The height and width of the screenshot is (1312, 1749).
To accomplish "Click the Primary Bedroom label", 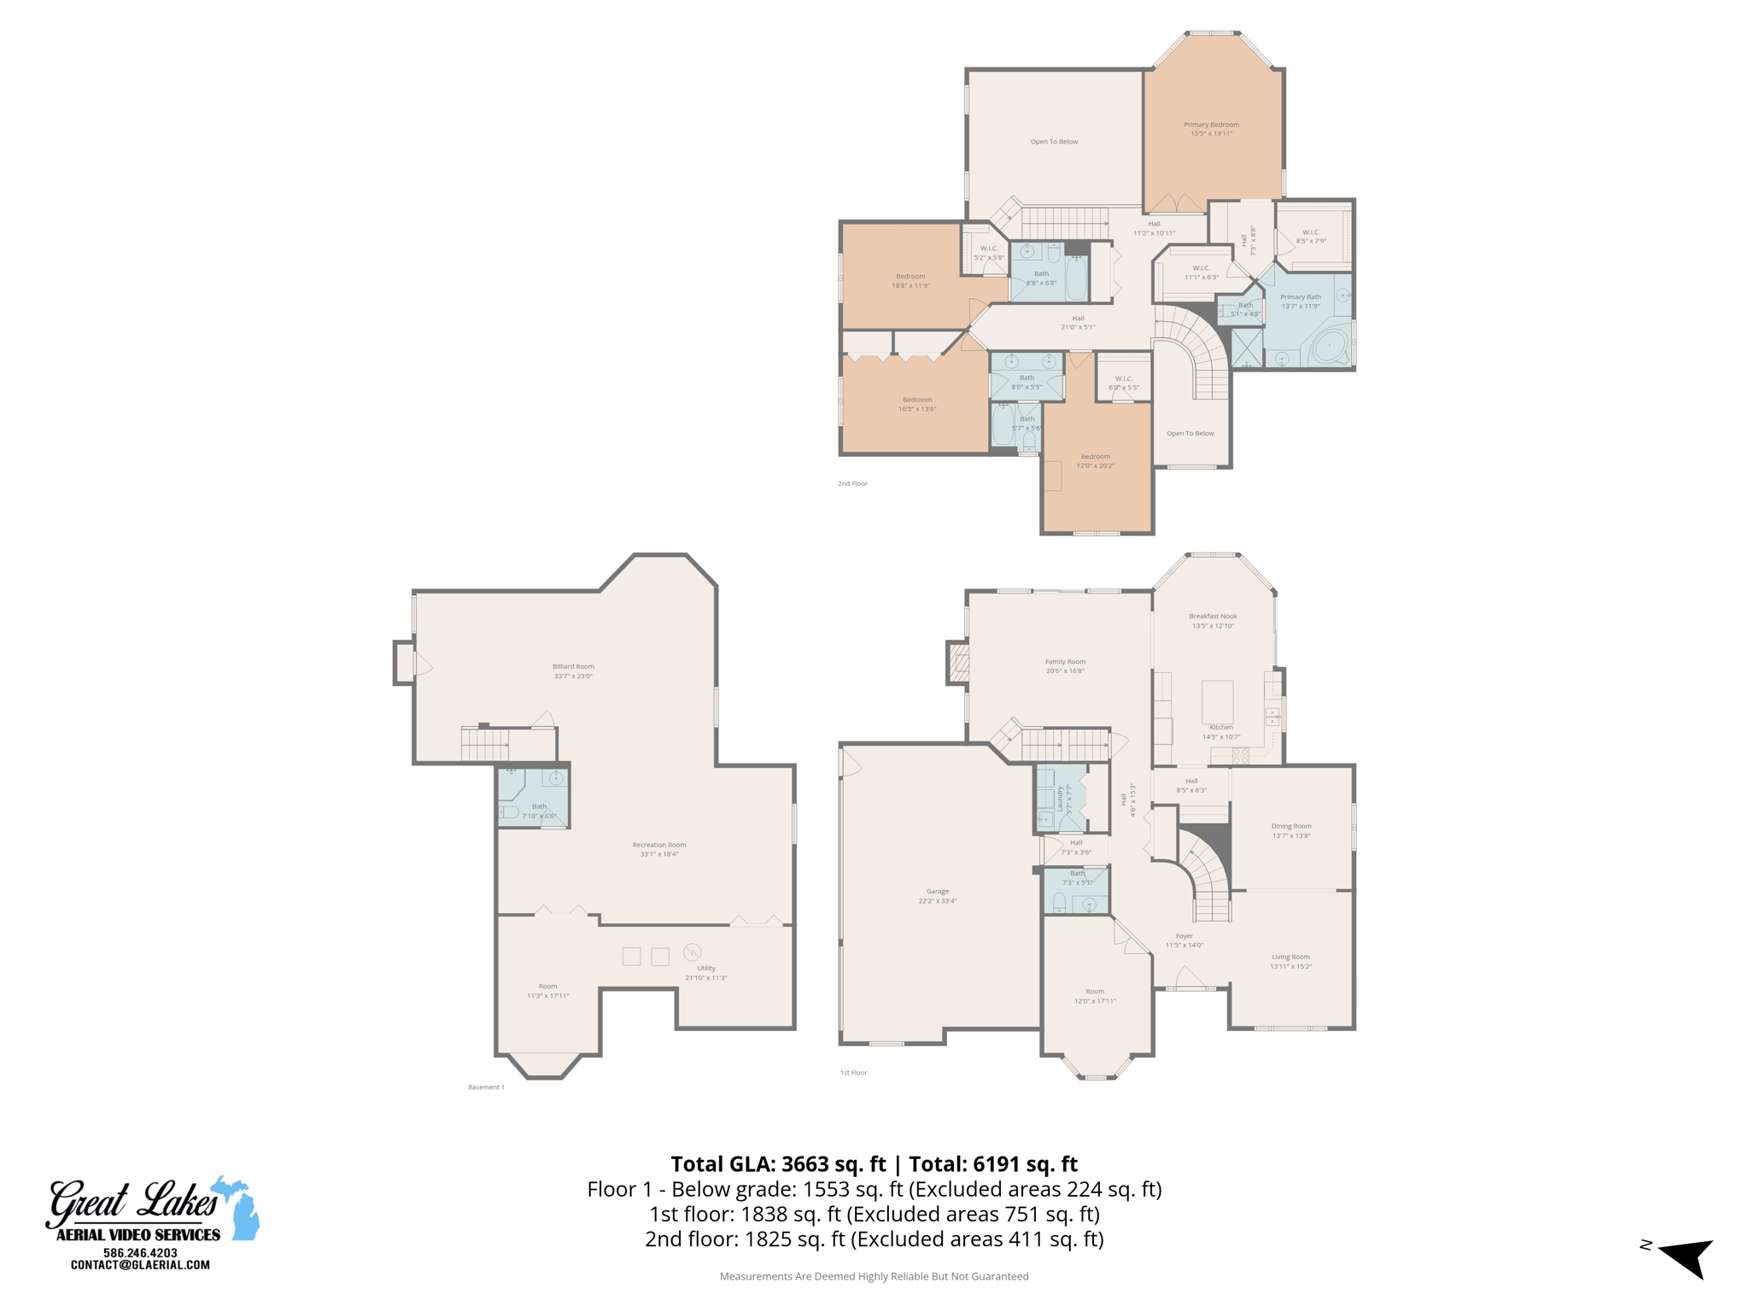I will coord(1211,129).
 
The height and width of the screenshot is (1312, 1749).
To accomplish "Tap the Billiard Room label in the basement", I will coord(573,671).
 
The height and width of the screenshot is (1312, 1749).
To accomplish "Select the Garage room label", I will coord(937,895).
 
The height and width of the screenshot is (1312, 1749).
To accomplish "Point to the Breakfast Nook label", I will coord(1213,620).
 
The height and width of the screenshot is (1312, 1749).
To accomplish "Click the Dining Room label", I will coord(1290,830).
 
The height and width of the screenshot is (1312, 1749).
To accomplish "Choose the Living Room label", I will coord(1290,961).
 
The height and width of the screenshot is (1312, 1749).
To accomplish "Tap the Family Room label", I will coord(1065,665).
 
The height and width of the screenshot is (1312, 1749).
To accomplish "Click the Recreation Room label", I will coord(658,849).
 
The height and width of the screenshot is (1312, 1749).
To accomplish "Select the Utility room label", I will coord(705,972).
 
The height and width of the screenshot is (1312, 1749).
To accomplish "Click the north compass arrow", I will coord(1688,1256).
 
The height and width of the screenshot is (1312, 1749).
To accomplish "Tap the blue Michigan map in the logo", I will coord(237,1209).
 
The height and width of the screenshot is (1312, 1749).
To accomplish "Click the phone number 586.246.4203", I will coord(140,1252).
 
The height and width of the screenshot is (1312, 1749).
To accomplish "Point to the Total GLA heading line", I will coord(874,1163).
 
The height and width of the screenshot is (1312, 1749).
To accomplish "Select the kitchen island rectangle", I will coord(1217,701).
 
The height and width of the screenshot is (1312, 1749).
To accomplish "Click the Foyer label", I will coord(1184,940).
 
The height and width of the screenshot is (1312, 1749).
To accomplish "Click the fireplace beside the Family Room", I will coord(958,663).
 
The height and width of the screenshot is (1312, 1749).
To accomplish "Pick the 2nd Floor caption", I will coord(851,483).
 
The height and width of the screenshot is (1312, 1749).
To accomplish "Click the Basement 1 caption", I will coord(486,1087).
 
